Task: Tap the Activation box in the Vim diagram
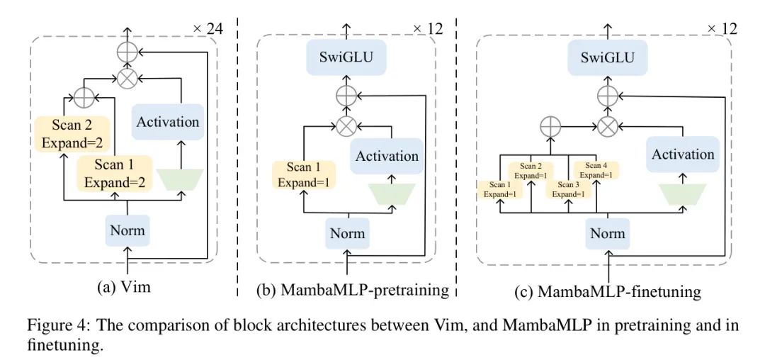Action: (168, 122)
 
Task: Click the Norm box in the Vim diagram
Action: (127, 230)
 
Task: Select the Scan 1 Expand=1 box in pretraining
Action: (304, 174)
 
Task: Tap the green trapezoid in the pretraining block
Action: (387, 193)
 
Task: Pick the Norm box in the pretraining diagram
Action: (347, 233)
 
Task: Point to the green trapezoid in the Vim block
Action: (179, 179)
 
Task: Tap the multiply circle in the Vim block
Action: (127, 79)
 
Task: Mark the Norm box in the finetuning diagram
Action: (608, 233)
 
